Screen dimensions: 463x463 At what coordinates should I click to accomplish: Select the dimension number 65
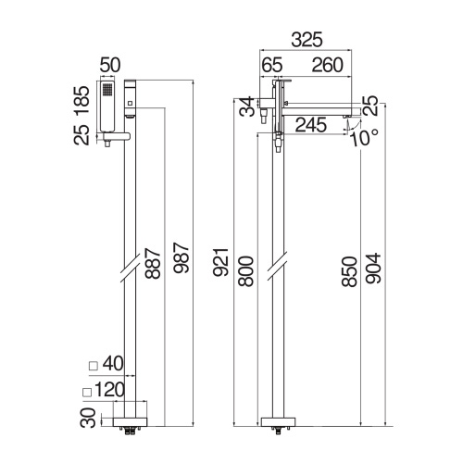(x=272, y=65)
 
